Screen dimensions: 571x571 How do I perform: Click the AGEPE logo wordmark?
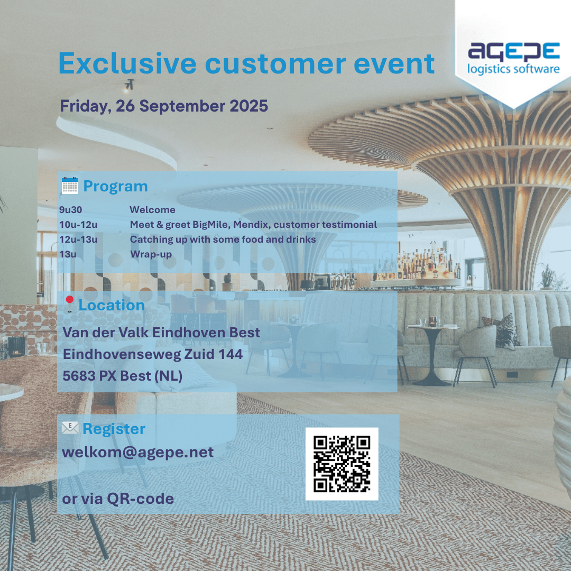tap(513, 51)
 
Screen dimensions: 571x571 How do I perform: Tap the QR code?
tap(342, 464)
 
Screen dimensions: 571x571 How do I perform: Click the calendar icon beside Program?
tap(70, 186)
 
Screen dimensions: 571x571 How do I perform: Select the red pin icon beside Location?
tap(69, 304)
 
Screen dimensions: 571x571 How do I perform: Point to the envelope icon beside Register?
tap(70, 428)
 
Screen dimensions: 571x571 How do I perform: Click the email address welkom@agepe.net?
tap(137, 452)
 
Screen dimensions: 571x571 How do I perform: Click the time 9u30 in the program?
tap(71, 210)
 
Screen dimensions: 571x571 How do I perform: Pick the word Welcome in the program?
tap(153, 210)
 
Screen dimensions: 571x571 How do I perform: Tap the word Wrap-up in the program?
tap(151, 254)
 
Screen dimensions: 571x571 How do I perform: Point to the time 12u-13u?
tap(78, 240)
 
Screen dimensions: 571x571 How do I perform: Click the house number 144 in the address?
tap(231, 354)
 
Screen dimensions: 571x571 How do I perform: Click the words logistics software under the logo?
tap(513, 69)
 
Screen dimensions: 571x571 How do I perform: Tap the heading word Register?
tap(114, 429)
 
